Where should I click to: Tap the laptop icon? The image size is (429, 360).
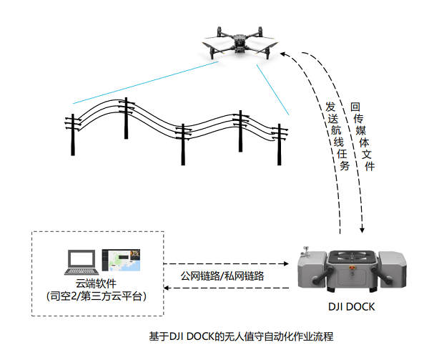(80, 262)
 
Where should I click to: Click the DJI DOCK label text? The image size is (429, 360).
(350, 307)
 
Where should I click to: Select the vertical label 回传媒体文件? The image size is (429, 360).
(358, 136)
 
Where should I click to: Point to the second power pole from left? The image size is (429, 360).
(126, 122)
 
